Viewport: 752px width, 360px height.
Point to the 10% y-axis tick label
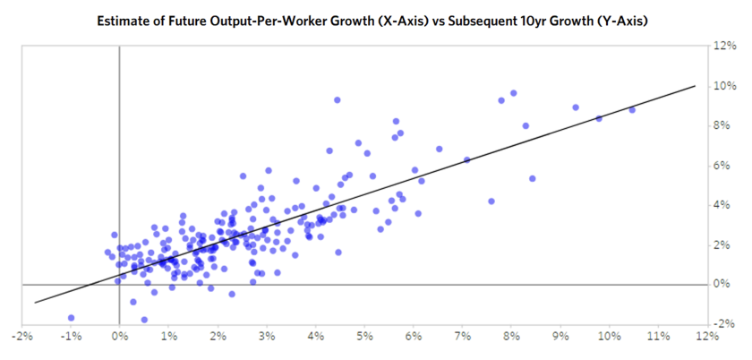[x=724, y=86]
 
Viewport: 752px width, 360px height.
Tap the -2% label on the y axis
[x=722, y=323]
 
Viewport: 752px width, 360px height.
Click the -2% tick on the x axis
[x=21, y=338]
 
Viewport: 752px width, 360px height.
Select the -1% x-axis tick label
[x=71, y=338]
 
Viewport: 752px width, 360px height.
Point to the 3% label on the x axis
[x=267, y=338]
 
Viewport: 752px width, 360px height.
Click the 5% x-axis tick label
[x=364, y=338]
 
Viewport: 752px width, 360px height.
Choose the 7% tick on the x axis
[x=463, y=338]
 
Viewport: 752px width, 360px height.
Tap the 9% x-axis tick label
[x=560, y=338]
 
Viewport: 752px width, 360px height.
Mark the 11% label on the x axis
[x=658, y=338]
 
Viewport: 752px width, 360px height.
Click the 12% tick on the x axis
[x=707, y=338]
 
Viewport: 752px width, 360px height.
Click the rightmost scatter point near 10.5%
[x=632, y=109]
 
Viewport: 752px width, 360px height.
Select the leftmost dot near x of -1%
[x=71, y=318]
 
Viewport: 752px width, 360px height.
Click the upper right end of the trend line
[x=695, y=86]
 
